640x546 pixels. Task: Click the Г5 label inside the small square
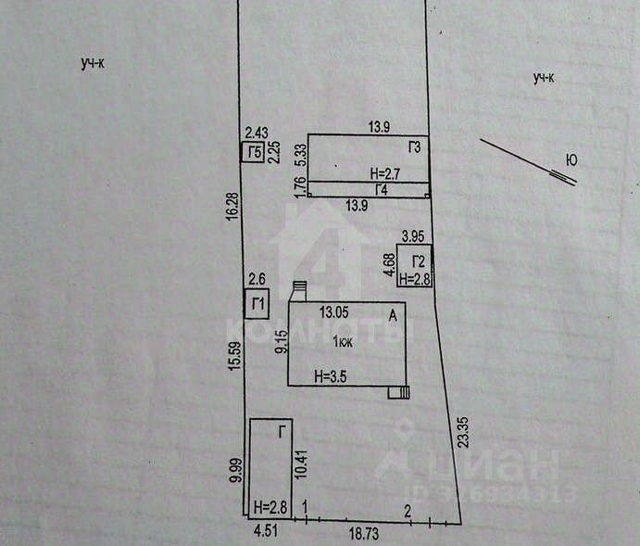coord(252,153)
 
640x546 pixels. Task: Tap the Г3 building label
coord(413,147)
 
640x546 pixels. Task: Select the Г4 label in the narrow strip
coord(381,189)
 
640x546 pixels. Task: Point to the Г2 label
coord(419,260)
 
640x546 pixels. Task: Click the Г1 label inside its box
coord(257,304)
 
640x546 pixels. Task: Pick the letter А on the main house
coord(394,315)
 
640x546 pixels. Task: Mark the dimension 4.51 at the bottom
coord(266,532)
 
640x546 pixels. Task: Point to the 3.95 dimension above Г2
coord(412,236)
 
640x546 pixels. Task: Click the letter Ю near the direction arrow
coord(571,160)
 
